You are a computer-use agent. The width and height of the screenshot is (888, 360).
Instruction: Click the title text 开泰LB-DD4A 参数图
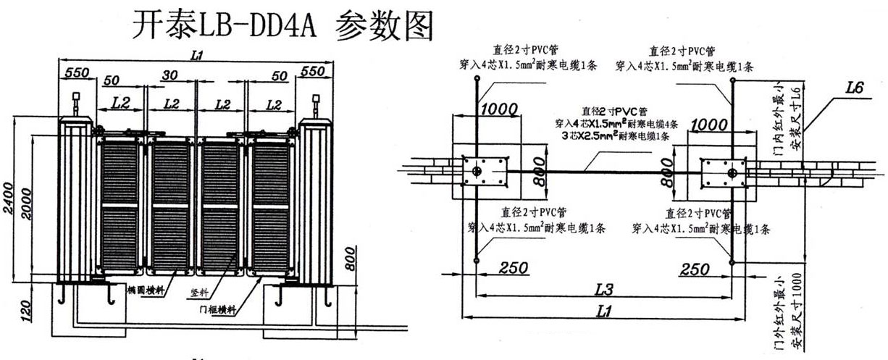coord(283,26)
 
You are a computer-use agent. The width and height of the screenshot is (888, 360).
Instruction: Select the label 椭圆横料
coord(143,290)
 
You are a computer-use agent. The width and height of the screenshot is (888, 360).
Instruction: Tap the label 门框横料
coord(219,309)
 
